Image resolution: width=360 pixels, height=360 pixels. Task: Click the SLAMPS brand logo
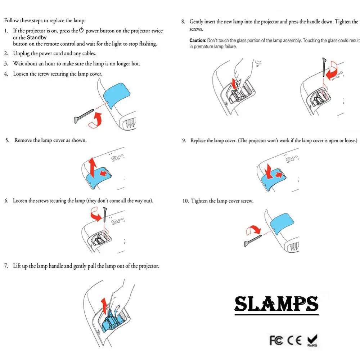[x=276, y=304]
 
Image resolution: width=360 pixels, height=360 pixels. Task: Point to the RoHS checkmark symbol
[x=312, y=339]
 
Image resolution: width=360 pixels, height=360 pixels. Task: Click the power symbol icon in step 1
[x=81, y=31]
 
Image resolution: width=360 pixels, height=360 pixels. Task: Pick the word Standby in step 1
[x=37, y=37]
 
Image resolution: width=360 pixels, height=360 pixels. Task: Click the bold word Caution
[x=198, y=40]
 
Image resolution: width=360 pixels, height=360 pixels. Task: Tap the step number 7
[x=6, y=266]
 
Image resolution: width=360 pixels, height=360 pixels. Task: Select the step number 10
[x=185, y=201]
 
